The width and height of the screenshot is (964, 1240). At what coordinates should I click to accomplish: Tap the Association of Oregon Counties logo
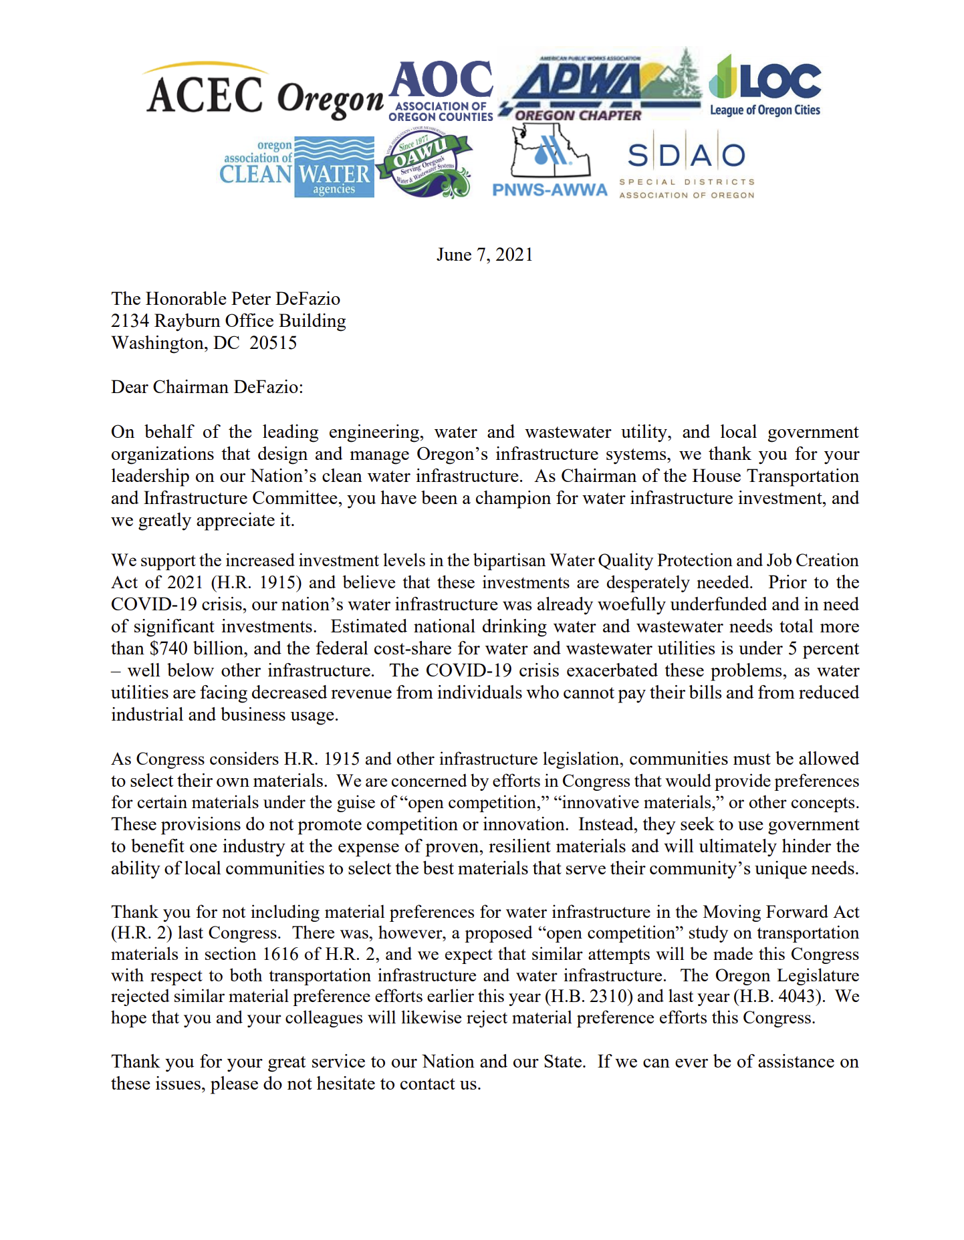(441, 91)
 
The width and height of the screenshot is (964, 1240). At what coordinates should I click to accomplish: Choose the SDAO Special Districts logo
(687, 170)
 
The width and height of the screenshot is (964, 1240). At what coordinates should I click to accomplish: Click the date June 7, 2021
(485, 255)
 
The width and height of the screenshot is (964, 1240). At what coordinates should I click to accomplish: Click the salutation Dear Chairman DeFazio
(207, 387)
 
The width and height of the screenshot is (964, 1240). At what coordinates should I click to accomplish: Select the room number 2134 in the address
(130, 321)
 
